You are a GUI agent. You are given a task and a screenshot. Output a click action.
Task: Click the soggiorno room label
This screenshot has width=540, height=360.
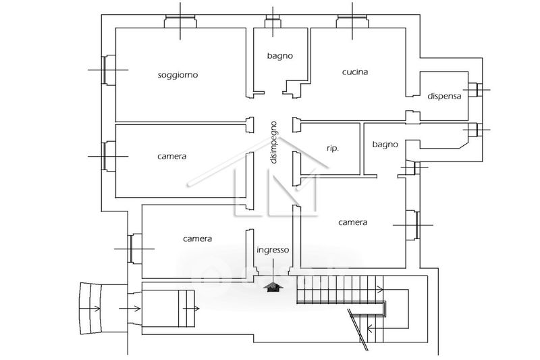pyautogui.click(x=178, y=75)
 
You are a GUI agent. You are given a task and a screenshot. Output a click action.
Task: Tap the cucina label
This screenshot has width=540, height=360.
pyautogui.click(x=355, y=72)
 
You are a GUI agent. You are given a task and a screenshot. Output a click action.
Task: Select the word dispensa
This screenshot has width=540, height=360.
pyautogui.click(x=445, y=96)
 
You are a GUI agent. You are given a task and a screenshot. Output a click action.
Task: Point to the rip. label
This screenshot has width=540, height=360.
pyautogui.click(x=332, y=148)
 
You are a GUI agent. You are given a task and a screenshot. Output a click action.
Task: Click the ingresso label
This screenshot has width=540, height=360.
pyautogui.click(x=273, y=250)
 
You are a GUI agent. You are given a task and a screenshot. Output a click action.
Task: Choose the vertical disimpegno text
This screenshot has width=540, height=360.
pyautogui.click(x=273, y=143)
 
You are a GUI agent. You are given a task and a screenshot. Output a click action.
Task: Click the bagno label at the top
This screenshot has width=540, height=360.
pyautogui.click(x=279, y=56)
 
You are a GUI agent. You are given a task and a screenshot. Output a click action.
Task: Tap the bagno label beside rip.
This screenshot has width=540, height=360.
pyautogui.click(x=385, y=144)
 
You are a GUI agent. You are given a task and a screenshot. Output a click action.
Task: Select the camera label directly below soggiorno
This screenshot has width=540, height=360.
pyautogui.click(x=172, y=156)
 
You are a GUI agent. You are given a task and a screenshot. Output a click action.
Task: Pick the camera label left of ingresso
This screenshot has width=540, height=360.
pyautogui.click(x=198, y=238)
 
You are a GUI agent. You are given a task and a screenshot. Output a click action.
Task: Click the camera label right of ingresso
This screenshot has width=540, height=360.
pyautogui.click(x=352, y=222)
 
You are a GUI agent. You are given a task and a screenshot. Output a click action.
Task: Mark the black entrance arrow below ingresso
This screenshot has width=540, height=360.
pyautogui.click(x=273, y=287)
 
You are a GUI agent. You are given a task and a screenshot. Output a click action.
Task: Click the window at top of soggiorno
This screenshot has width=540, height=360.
pyautogui.click(x=181, y=22)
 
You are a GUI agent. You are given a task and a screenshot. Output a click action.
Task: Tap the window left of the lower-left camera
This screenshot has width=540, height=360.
pyautogui.click(x=134, y=248)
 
